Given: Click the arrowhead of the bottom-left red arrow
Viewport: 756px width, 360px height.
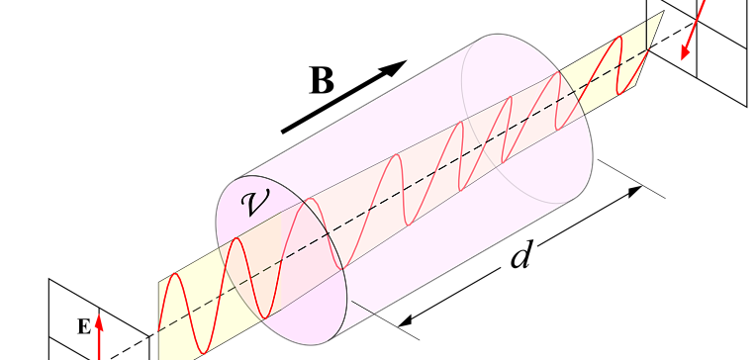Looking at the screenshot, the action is coord(99,319).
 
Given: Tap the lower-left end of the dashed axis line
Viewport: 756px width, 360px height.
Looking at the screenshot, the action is coord(159,330).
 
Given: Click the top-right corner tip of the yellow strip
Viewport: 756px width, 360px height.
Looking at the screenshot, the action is coord(662,12).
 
